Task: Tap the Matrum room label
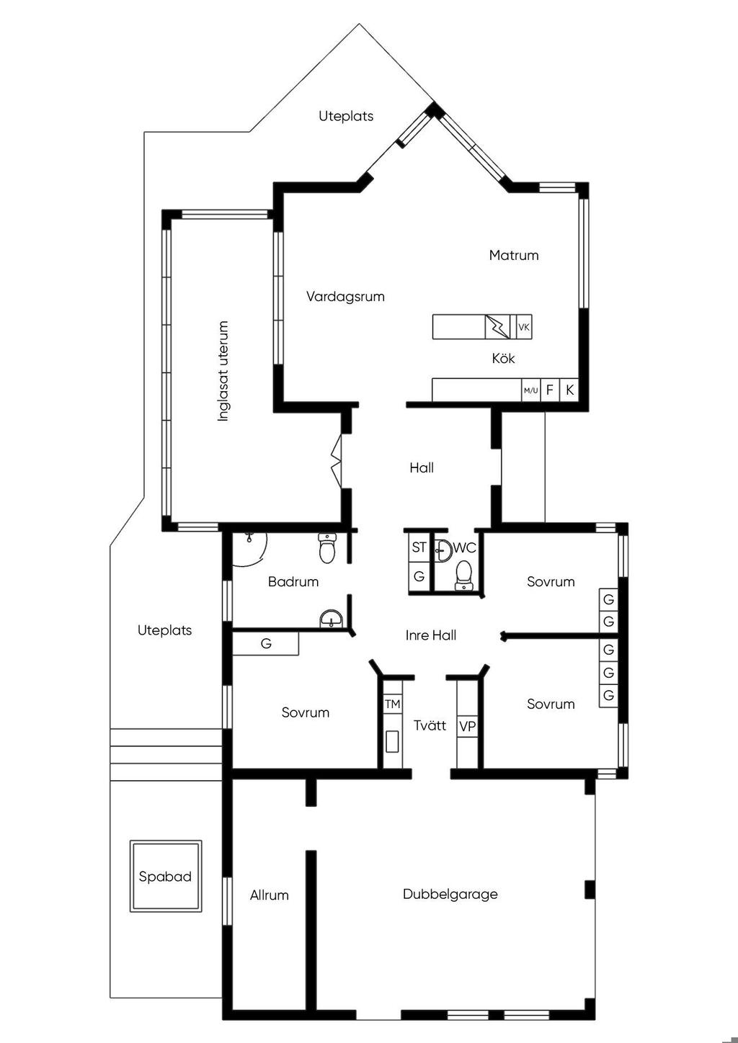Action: [x=514, y=255]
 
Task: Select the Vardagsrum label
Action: [x=345, y=297]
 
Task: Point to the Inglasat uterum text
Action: [x=223, y=371]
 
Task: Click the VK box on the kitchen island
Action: [x=524, y=327]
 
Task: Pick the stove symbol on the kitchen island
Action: [x=497, y=327]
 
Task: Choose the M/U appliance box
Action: [x=530, y=390]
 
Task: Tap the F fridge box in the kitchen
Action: [x=550, y=390]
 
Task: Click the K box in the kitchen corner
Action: [x=569, y=390]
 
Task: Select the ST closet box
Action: [x=419, y=547]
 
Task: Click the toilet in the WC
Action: [x=463, y=576]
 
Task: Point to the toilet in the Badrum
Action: [x=327, y=548]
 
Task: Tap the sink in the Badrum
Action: [x=332, y=619]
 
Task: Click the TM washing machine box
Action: [x=393, y=704]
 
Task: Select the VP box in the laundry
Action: [x=467, y=726]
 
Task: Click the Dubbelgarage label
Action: [x=450, y=894]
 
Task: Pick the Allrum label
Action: [x=270, y=895]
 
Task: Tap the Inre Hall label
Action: [x=431, y=635]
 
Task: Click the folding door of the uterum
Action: [x=337, y=462]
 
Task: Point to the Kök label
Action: [x=504, y=358]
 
